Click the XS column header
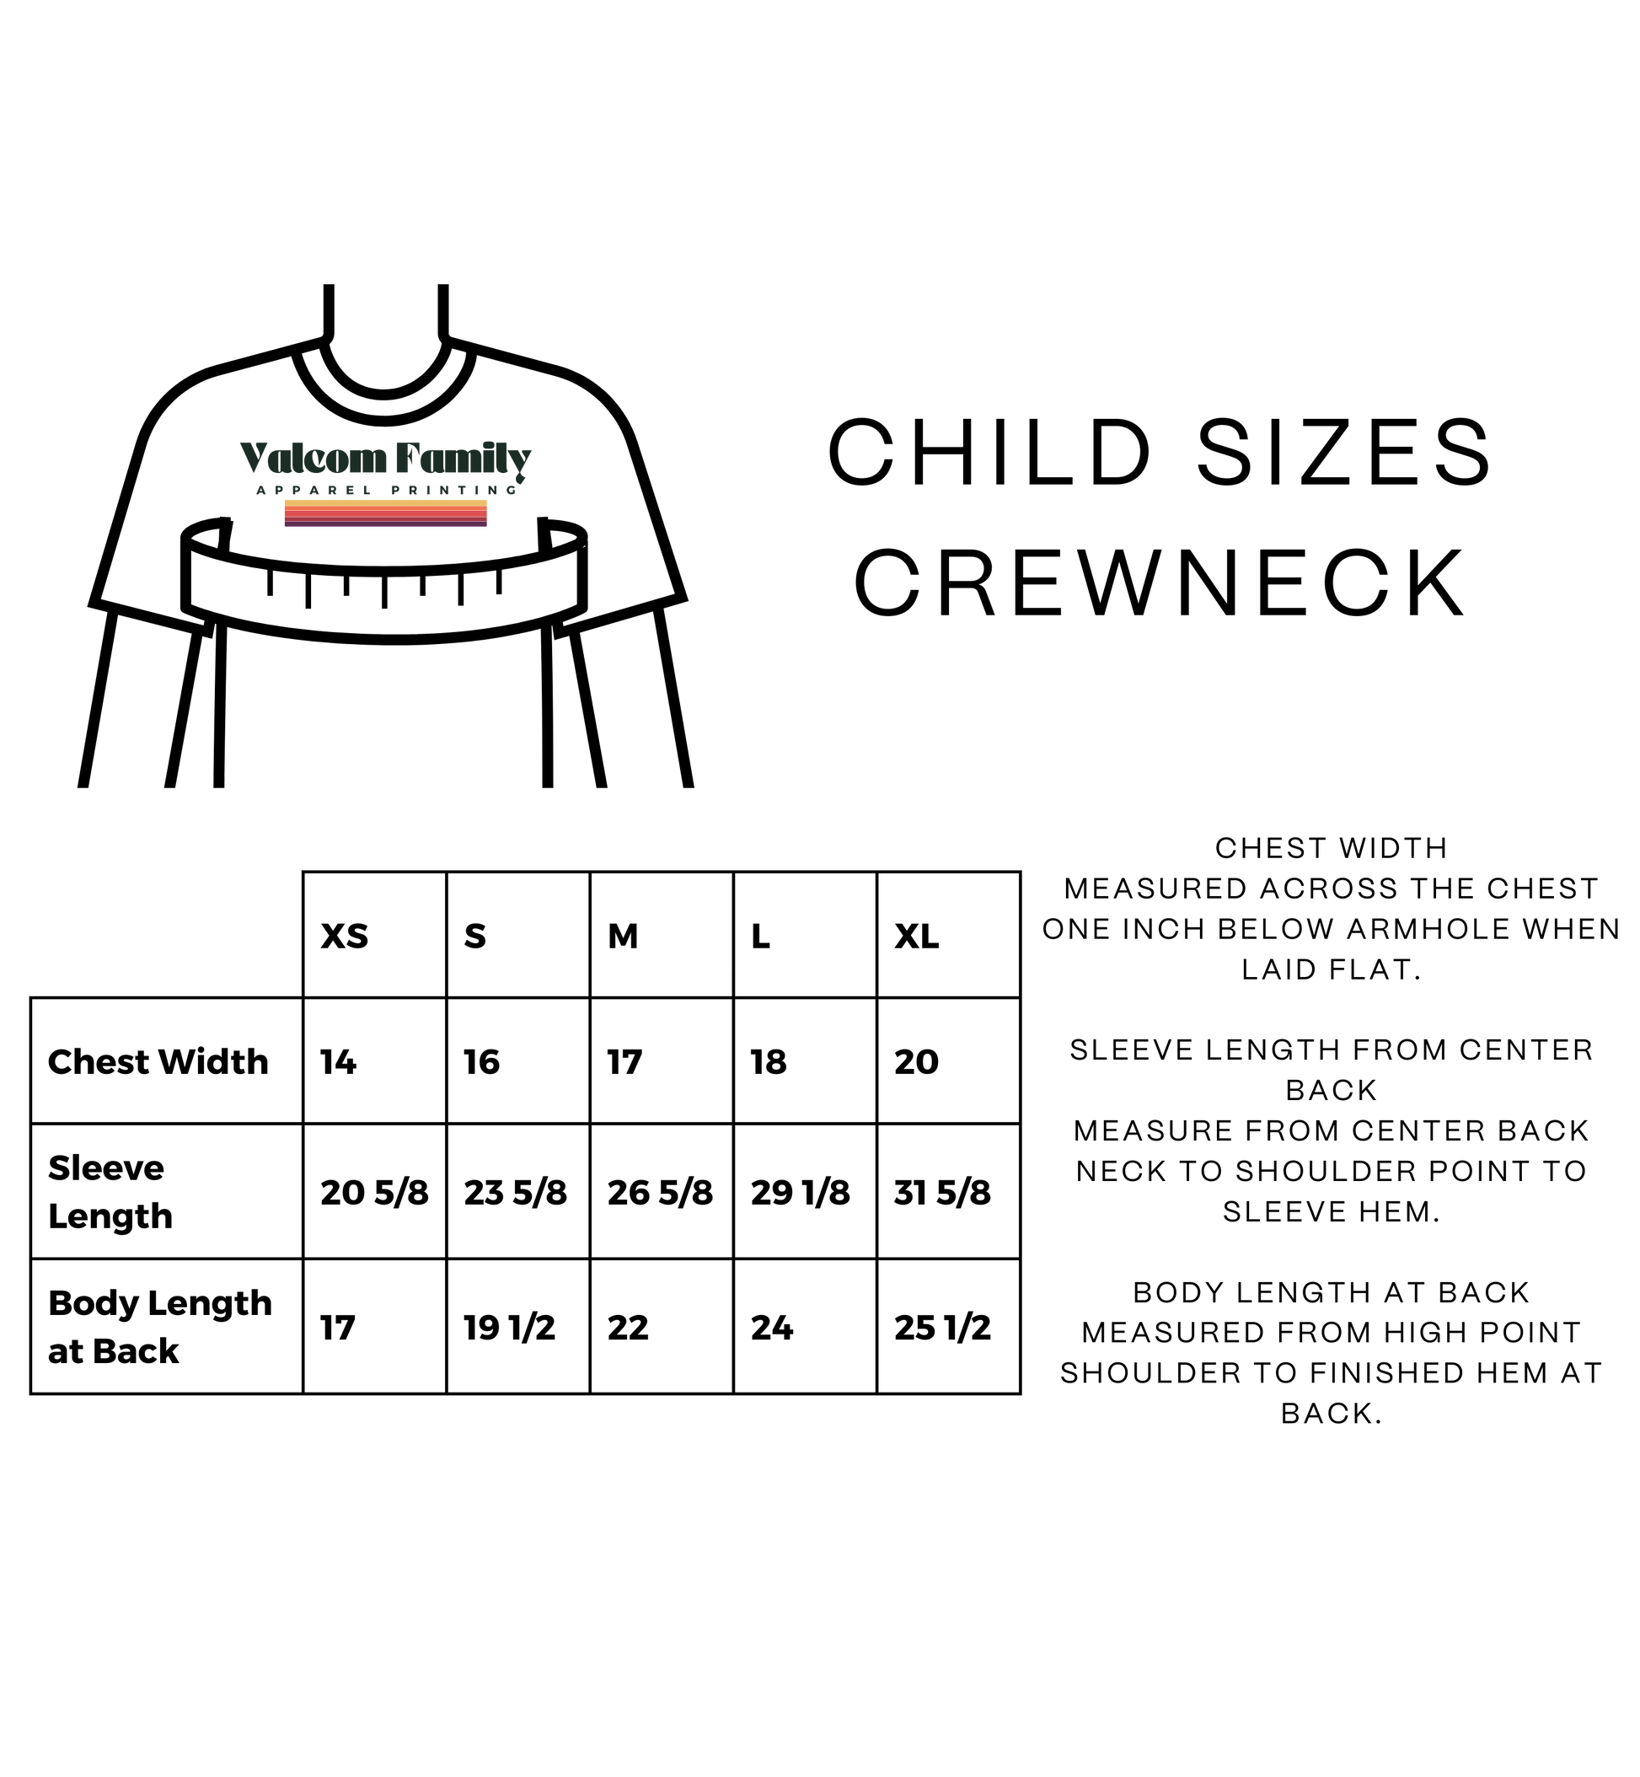tap(345, 937)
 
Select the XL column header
tap(917, 937)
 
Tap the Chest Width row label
tap(158, 1061)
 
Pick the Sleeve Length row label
tap(110, 1192)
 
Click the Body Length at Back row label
tap(160, 1327)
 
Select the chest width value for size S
tap(482, 1061)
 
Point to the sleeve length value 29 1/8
tap(801, 1193)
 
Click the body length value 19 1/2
tap(509, 1328)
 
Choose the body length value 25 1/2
tap(942, 1328)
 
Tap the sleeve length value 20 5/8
tap(374, 1193)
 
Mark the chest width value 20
tap(917, 1061)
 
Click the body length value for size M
tap(629, 1328)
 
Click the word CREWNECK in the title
tap(1160, 583)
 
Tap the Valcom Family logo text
tap(386, 458)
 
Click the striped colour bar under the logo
tap(386, 513)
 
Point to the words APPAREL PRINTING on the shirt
tap(386, 490)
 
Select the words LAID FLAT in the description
tap(1332, 970)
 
